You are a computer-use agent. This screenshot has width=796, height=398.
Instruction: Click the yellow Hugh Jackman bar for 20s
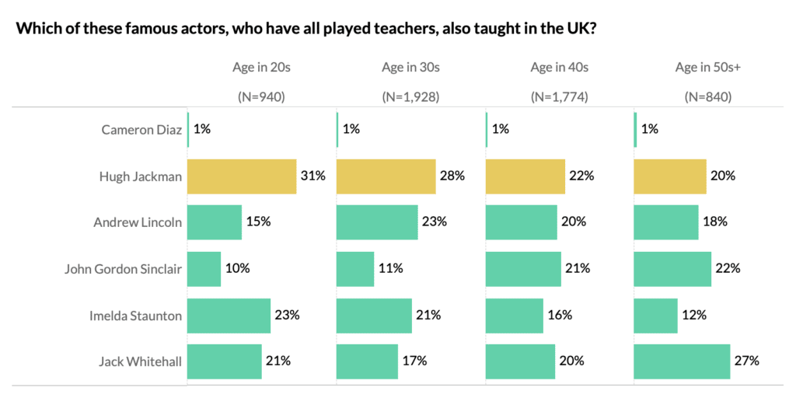(x=242, y=176)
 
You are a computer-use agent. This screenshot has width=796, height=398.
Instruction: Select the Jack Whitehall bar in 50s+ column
(x=682, y=361)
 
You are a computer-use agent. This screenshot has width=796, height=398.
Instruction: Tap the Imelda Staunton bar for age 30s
(x=374, y=315)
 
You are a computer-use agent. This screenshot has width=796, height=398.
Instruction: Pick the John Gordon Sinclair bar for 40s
(x=523, y=269)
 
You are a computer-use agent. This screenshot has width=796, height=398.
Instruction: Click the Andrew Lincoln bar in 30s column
(x=377, y=222)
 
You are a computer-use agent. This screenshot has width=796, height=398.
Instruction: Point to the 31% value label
(x=312, y=176)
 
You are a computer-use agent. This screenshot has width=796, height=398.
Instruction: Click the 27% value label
(x=746, y=361)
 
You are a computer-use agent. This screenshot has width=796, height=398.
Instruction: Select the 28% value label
(x=452, y=176)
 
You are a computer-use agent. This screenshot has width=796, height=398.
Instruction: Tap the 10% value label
(x=237, y=269)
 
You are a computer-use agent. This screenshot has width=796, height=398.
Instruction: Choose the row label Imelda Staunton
(x=136, y=315)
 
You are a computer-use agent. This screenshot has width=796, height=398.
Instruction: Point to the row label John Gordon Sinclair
(x=123, y=269)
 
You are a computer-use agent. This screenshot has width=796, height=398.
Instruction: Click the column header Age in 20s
(x=261, y=68)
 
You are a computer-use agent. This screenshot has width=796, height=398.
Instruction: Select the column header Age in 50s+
(x=707, y=68)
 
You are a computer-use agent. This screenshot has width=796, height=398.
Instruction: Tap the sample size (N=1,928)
(x=410, y=97)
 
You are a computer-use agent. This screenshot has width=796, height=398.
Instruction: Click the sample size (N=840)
(x=707, y=97)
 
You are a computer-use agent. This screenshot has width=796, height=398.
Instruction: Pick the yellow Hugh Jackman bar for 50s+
(x=670, y=176)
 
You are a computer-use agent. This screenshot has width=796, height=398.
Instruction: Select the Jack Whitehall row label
(x=140, y=361)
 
